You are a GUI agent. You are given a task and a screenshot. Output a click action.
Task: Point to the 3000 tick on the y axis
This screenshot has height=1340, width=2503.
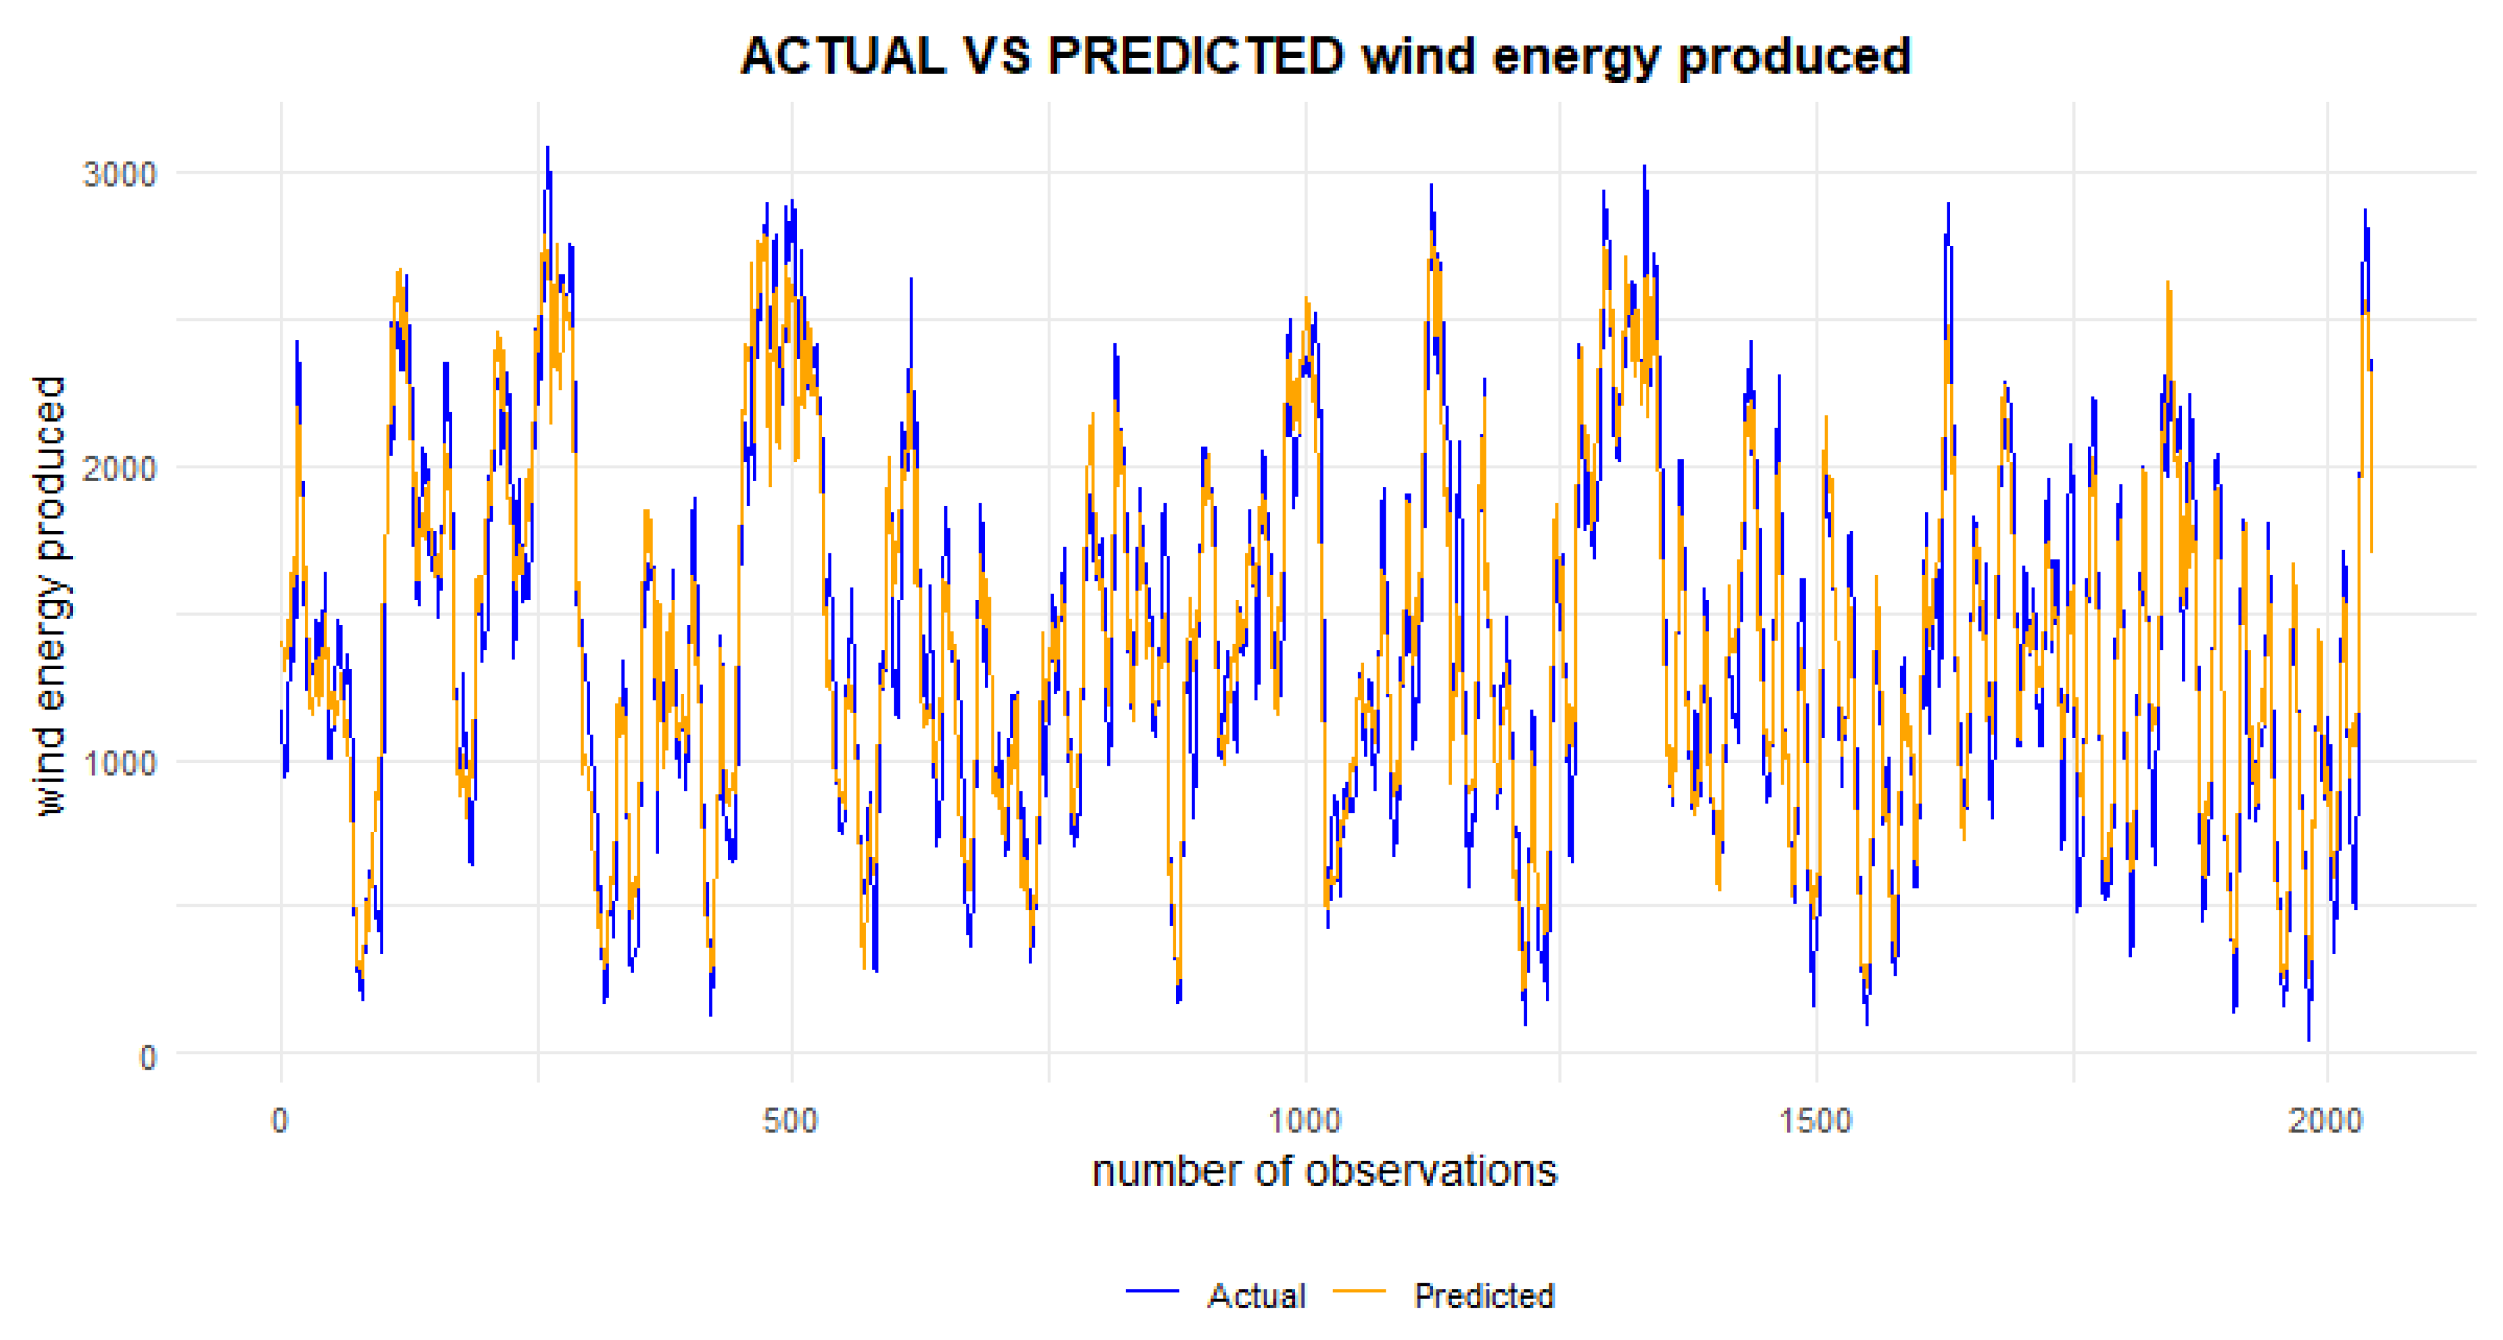[120, 175]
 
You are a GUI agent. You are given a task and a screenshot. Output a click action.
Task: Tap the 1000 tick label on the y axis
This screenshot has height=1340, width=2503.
[120, 763]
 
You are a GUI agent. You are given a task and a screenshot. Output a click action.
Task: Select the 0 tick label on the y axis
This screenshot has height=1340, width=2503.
[147, 1058]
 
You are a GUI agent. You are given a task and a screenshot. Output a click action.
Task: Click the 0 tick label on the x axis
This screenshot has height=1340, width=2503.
[280, 1121]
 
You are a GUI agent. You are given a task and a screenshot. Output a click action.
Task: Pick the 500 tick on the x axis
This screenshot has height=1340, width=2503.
[791, 1121]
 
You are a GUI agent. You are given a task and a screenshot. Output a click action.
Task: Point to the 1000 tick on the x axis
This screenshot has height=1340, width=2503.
[1305, 1121]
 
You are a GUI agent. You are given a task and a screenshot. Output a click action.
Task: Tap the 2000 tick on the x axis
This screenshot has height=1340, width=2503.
[2326, 1121]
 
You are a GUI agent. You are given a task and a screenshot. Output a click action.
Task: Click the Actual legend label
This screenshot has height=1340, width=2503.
[1257, 1296]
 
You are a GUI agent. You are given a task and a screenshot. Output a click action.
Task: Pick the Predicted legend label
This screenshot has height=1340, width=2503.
[1484, 1296]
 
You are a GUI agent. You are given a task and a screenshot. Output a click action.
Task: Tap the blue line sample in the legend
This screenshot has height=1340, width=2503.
[1152, 1291]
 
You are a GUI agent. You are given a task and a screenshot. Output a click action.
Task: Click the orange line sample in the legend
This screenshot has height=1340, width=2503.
[1359, 1291]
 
